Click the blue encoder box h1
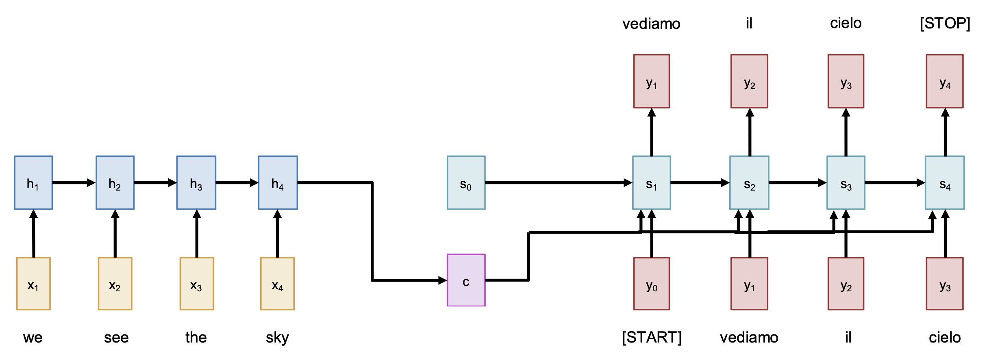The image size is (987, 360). (33, 183)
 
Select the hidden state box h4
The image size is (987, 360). (278, 183)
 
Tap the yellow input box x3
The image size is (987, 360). (197, 284)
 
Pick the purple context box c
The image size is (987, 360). (466, 280)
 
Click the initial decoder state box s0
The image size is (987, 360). (466, 183)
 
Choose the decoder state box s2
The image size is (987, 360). (749, 183)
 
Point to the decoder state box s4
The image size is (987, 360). (945, 183)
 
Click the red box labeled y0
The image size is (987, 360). (652, 284)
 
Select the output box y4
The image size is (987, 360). (945, 81)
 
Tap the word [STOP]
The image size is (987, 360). (945, 23)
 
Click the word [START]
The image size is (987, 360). (652, 337)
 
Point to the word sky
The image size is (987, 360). (277, 337)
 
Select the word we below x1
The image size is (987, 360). (33, 337)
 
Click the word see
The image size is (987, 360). (116, 337)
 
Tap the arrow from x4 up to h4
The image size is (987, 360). (278, 234)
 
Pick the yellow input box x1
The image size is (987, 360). (33, 284)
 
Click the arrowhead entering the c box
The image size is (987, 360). (442, 280)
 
